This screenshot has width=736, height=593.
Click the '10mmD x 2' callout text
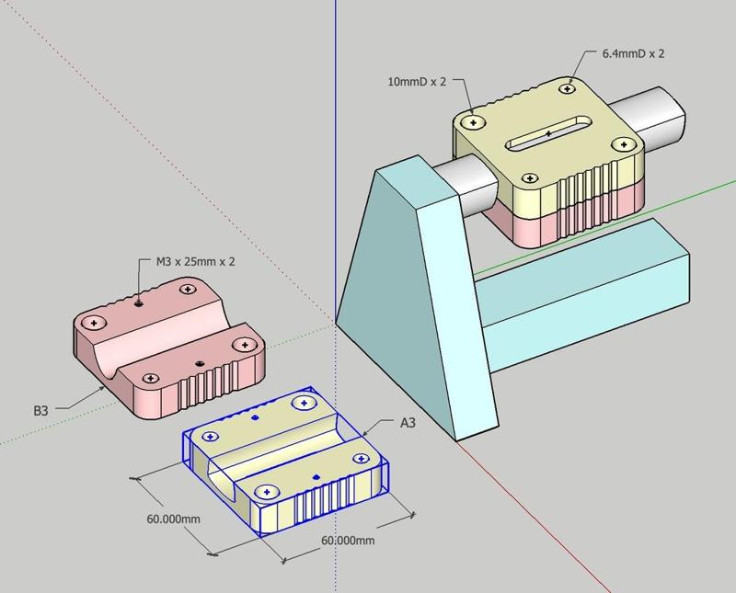(417, 82)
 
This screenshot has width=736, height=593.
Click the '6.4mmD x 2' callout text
(633, 53)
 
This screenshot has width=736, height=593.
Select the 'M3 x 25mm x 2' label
(195, 261)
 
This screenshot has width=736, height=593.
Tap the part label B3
(40, 411)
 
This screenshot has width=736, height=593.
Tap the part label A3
(408, 423)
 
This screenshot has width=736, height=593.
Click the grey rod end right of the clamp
(650, 118)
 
